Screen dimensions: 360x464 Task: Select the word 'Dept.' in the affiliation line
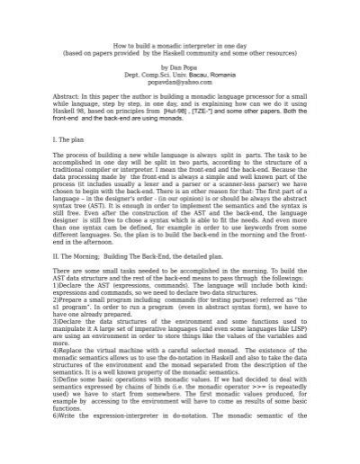pyautogui.click(x=137, y=75)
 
